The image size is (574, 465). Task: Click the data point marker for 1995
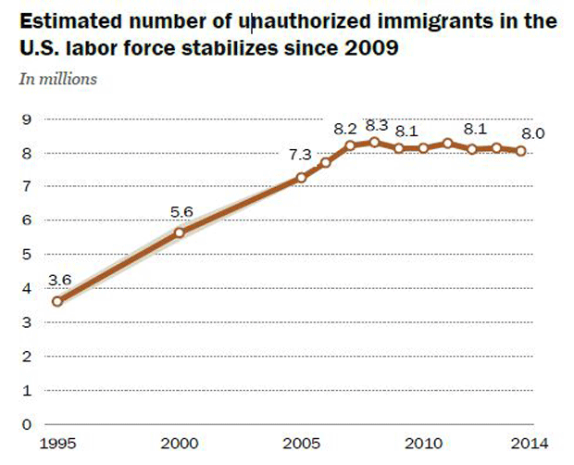(x=57, y=301)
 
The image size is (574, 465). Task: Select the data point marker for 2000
(x=179, y=232)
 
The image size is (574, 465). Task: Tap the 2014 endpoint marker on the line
(x=521, y=151)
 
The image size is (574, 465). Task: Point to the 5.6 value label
(x=181, y=211)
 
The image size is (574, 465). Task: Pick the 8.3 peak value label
(x=377, y=124)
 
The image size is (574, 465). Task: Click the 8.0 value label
(x=533, y=133)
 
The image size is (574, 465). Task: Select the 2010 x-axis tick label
(x=423, y=444)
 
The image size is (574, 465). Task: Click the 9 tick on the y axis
(x=27, y=119)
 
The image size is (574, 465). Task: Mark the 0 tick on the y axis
(x=27, y=424)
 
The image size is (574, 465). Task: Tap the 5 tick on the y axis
(x=27, y=255)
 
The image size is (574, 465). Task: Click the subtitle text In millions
(x=57, y=79)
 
